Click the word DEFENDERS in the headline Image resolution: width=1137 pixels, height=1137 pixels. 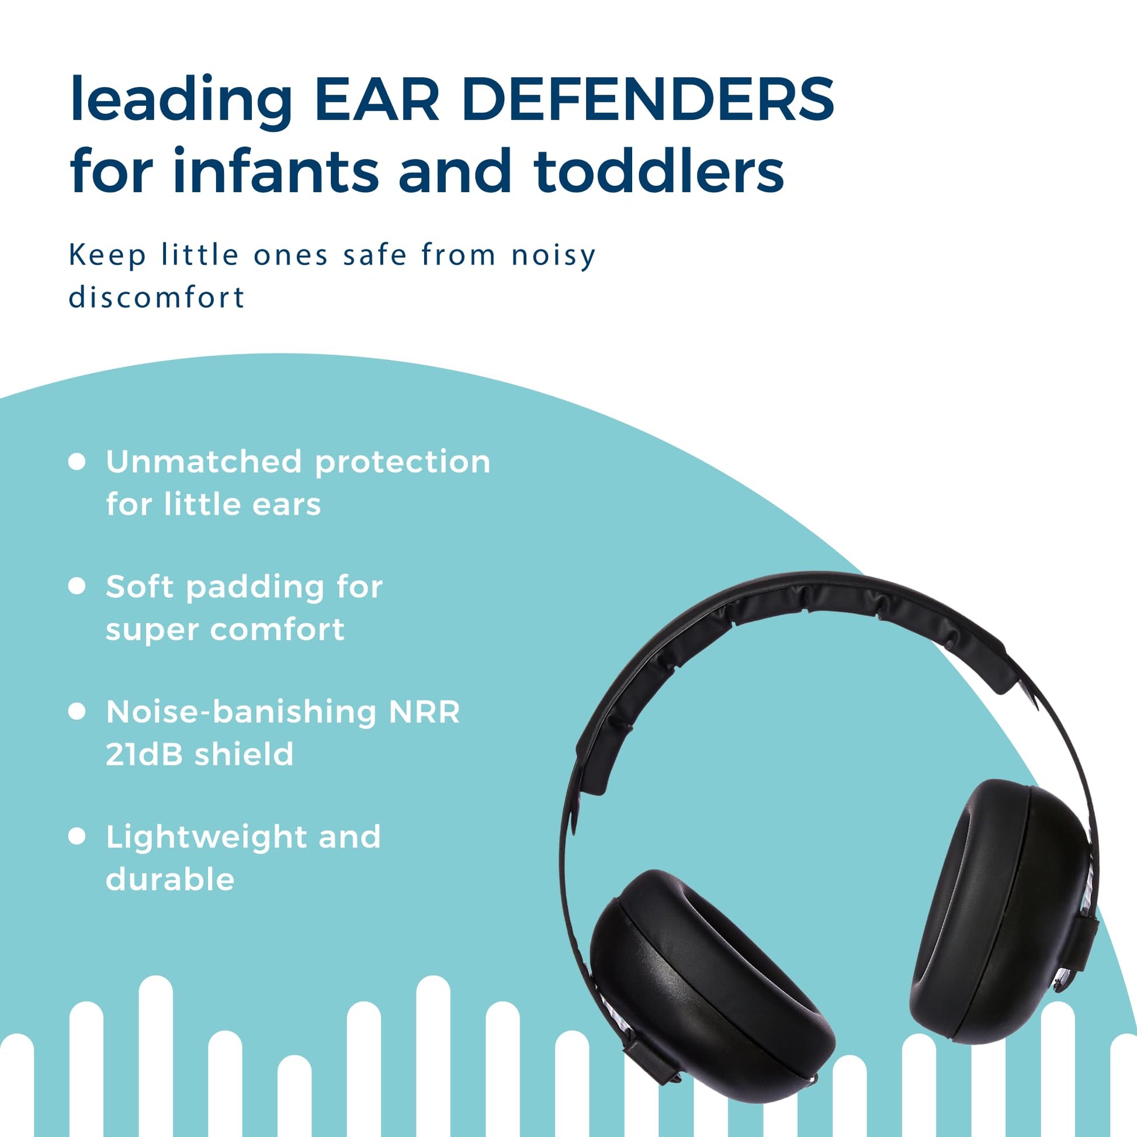tap(648, 99)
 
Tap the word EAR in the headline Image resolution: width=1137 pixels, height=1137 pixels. tap(377, 99)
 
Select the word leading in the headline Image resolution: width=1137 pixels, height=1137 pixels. tap(181, 100)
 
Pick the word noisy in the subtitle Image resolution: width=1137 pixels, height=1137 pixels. tap(554, 256)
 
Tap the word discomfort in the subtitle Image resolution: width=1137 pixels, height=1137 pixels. tap(157, 297)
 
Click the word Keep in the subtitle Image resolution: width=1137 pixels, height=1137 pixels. tap(108, 256)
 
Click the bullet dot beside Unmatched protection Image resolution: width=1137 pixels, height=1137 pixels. tap(77, 462)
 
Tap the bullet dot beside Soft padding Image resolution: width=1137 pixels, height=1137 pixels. tap(77, 586)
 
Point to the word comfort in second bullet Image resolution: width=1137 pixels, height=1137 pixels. tap(277, 630)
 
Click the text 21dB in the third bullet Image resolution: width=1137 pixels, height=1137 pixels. tap(144, 754)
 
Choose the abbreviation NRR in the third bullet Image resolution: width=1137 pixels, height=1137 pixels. tap(424, 712)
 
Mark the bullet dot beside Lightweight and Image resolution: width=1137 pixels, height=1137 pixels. tap(77, 836)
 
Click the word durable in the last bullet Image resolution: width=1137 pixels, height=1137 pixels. tap(170, 880)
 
